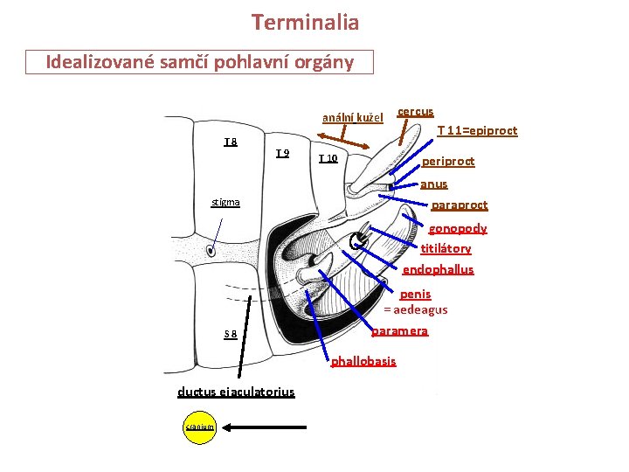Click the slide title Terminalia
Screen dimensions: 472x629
305,22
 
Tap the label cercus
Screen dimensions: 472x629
416,112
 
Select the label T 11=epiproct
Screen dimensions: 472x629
477,130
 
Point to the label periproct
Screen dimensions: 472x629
448,162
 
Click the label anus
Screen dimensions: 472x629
433,184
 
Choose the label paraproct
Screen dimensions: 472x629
460,205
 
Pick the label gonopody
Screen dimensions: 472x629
457,228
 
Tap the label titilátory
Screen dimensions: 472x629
446,249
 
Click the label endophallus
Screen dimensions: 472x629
438,270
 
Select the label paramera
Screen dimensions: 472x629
399,331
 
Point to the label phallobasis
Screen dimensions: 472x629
363,361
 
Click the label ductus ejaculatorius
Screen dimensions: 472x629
236,392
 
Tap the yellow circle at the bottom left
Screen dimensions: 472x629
199,427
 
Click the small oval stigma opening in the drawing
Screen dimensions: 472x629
211,252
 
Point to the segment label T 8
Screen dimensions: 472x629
231,142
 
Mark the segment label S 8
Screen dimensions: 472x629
231,333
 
